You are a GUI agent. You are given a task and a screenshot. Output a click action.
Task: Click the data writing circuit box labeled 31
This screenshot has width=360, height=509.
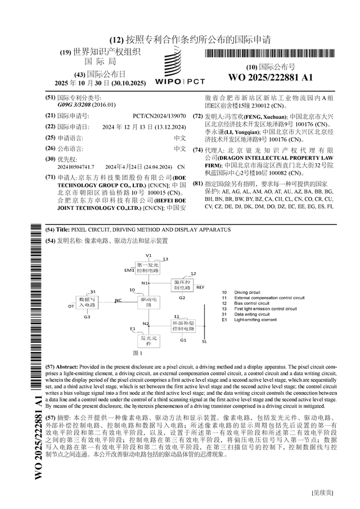pyautogui.click(x=88, y=301)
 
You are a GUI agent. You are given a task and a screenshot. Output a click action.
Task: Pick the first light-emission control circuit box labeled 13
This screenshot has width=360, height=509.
pyautogui.click(x=148, y=267)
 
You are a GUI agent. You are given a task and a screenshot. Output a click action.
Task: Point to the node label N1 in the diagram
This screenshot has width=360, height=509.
pyautogui.click(x=145, y=283)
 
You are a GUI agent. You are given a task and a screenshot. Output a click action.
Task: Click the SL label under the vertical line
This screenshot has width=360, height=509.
pyautogui.click(x=204, y=341)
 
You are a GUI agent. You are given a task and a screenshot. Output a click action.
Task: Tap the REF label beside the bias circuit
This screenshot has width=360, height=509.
pyautogui.click(x=200, y=287)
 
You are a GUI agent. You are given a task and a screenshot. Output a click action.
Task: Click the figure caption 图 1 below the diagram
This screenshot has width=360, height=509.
pyautogui.click(x=138, y=353)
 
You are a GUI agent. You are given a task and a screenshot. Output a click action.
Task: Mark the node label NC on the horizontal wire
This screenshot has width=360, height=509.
pyautogui.click(x=118, y=301)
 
